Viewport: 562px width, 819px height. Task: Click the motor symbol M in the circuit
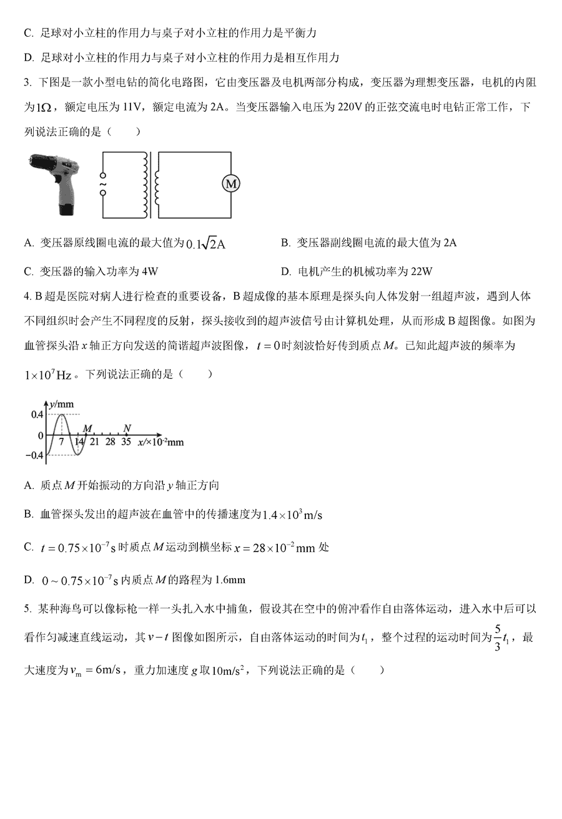click(x=231, y=183)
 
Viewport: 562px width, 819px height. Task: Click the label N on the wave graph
click(x=127, y=428)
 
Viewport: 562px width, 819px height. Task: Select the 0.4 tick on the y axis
click(x=37, y=415)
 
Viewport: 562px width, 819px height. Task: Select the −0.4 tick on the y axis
click(x=35, y=455)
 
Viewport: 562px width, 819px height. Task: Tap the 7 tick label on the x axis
click(x=61, y=442)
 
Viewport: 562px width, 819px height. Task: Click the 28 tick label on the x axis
click(x=110, y=442)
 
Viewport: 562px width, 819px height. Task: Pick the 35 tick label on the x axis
click(x=126, y=442)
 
